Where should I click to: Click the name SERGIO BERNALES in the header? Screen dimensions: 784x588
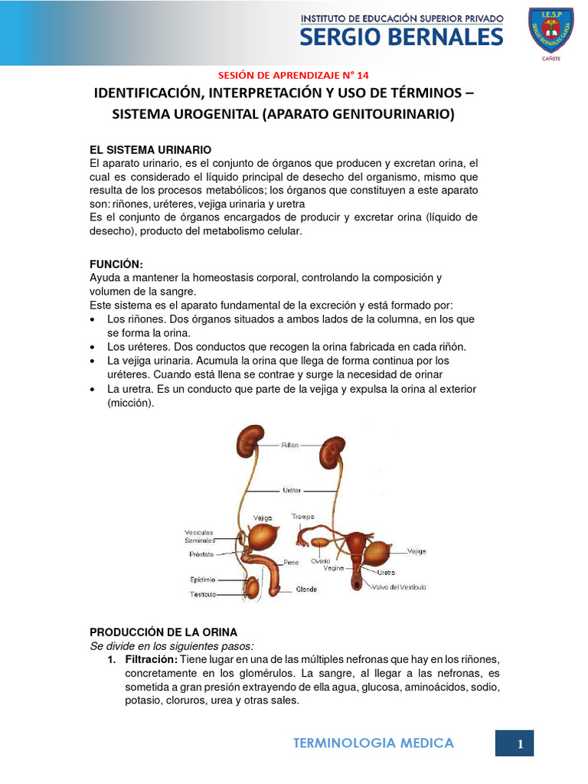click(401, 37)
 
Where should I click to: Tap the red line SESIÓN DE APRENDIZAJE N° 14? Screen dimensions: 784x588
click(293, 75)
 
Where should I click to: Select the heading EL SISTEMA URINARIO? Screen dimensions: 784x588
click(150, 149)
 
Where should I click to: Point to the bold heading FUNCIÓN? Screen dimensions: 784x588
click(116, 263)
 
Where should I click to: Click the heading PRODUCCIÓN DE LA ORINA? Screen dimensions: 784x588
click(164, 632)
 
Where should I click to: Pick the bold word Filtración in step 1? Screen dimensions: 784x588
click(151, 659)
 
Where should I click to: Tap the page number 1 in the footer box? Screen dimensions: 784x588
click(520, 743)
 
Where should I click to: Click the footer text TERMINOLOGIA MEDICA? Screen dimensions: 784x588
click(374, 743)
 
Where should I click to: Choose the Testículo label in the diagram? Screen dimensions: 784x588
click(203, 594)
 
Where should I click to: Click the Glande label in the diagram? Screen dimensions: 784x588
click(306, 590)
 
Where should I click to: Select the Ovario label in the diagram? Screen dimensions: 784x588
click(320, 560)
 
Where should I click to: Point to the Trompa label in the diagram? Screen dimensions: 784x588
click(303, 517)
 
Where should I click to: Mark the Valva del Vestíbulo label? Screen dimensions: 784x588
click(400, 587)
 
